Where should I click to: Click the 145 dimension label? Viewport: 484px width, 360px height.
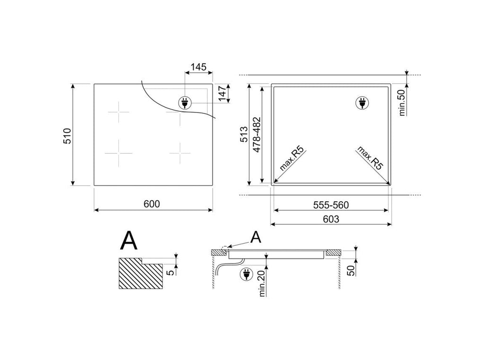click(199, 67)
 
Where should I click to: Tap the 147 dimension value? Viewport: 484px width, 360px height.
click(223, 94)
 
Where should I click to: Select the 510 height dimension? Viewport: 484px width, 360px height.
click(67, 136)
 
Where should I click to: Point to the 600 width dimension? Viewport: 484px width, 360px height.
click(152, 204)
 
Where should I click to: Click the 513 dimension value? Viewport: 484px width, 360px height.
click(244, 134)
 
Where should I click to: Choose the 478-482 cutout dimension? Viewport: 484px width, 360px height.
click(257, 135)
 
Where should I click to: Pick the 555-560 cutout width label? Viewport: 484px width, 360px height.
click(331, 205)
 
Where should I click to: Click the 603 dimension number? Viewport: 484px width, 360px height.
click(331, 219)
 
